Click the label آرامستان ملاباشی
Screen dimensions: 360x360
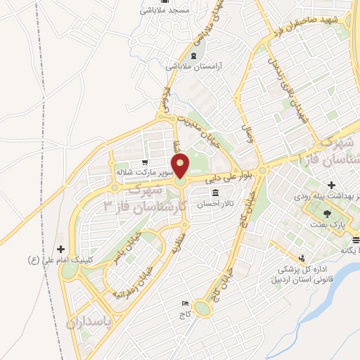click(194, 65)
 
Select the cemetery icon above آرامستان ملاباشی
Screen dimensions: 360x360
click(193, 55)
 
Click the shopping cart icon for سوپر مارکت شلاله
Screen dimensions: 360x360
click(145, 161)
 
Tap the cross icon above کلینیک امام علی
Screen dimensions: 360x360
click(60, 249)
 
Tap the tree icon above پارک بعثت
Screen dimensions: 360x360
click(326, 212)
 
